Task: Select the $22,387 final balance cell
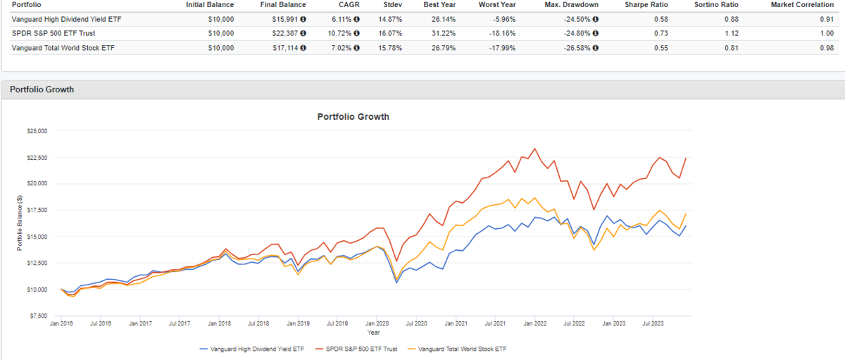click(x=286, y=33)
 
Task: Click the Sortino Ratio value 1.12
click(x=736, y=33)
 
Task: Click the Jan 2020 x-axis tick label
click(x=377, y=323)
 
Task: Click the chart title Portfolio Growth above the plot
click(x=353, y=117)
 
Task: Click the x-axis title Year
click(x=373, y=331)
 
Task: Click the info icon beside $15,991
click(x=303, y=19)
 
